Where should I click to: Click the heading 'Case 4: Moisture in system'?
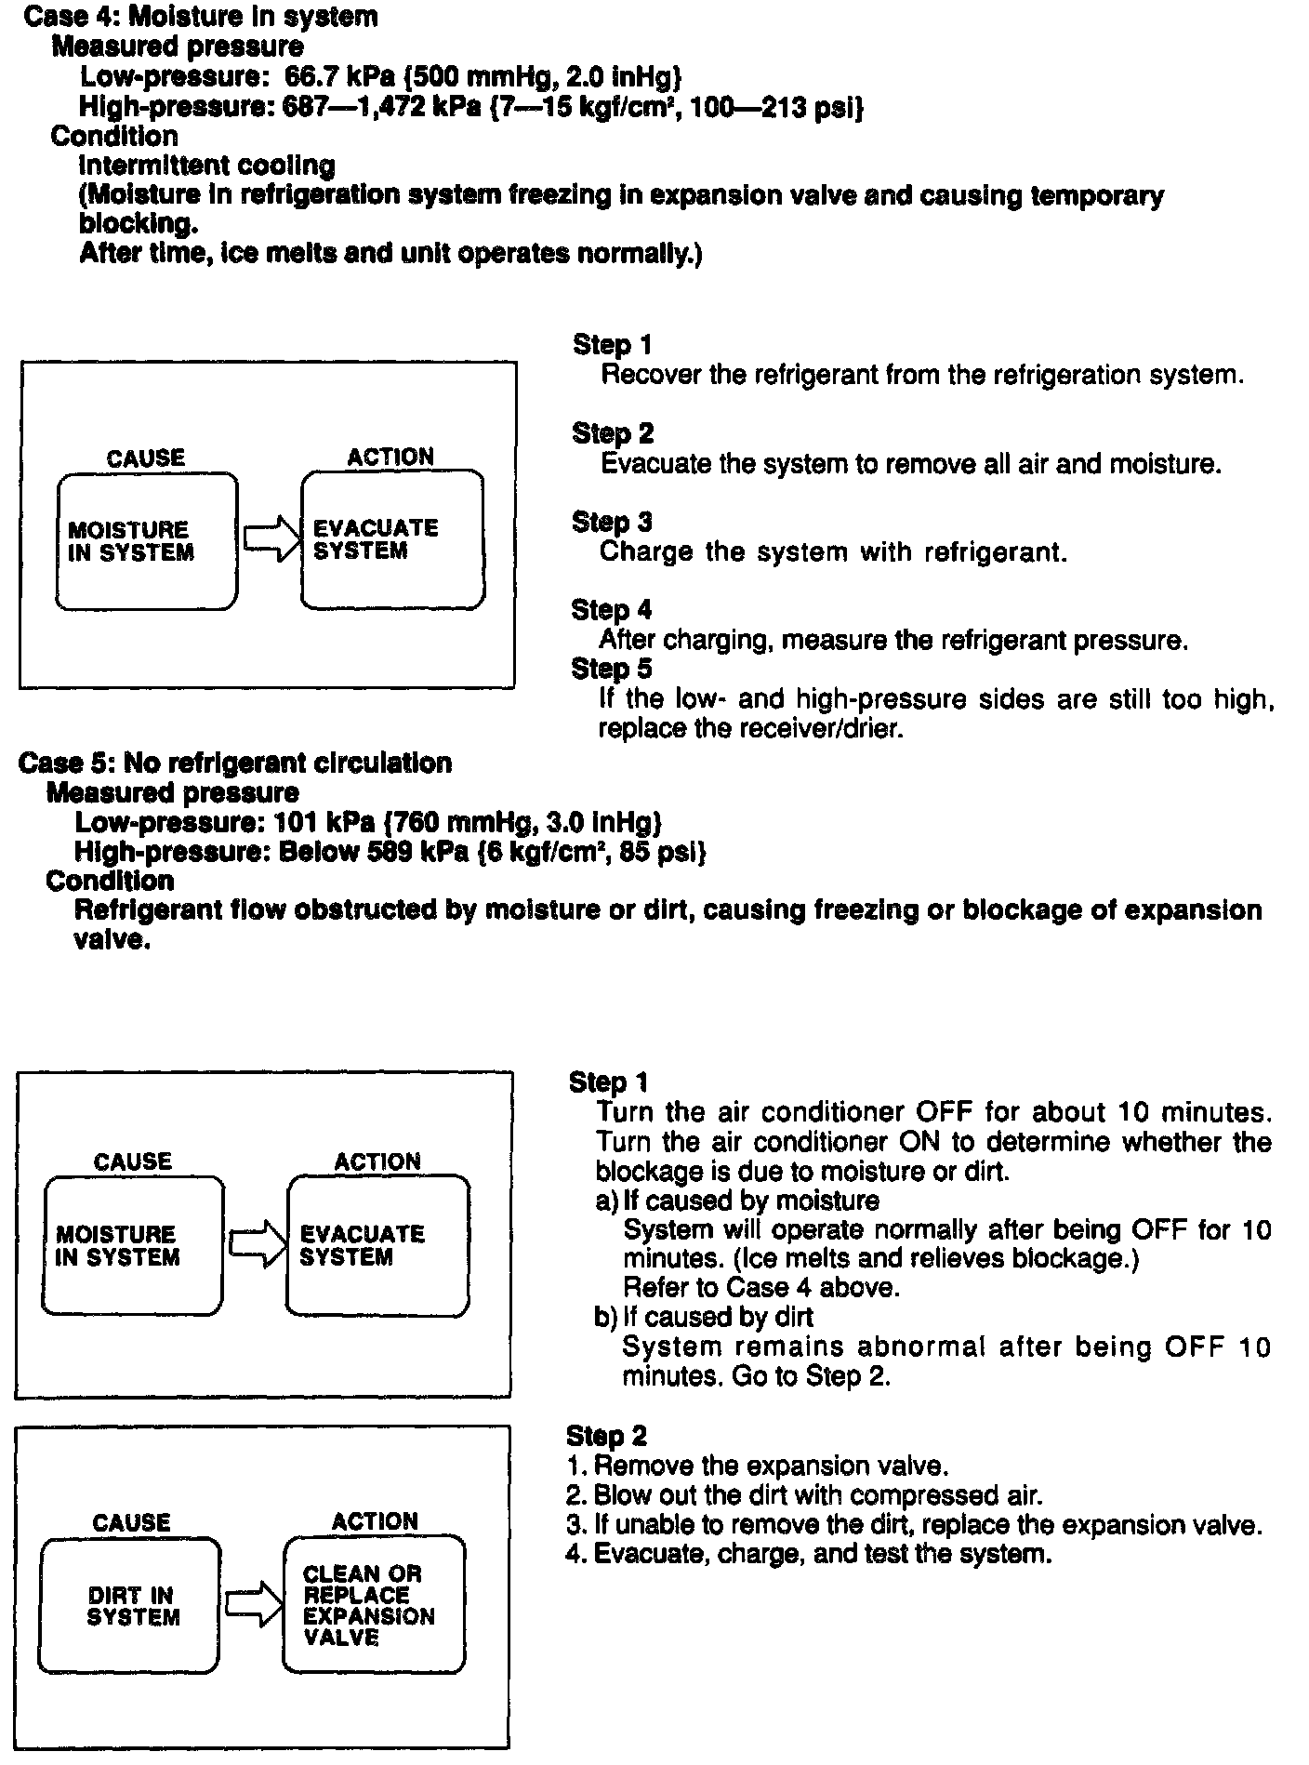pos(201,17)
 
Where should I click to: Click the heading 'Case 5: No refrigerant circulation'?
pos(235,763)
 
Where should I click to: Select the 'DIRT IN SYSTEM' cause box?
pos(131,1606)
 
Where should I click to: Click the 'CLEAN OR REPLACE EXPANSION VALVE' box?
pos(374,1606)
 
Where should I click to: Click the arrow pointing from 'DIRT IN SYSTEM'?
pos(254,1603)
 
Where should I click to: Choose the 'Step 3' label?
pos(612,522)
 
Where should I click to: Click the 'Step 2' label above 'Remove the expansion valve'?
pos(606,1436)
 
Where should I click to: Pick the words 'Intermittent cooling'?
pos(206,166)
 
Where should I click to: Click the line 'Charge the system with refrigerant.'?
pos(833,552)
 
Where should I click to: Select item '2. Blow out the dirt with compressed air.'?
pos(804,1495)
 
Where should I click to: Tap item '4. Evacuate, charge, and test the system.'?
pos(809,1554)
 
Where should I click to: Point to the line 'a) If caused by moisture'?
pos(736,1201)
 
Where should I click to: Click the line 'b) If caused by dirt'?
pos(704,1317)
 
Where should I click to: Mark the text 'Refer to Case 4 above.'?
pos(760,1288)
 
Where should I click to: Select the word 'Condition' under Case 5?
pos(110,881)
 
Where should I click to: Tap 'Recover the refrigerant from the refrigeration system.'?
pos(921,375)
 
